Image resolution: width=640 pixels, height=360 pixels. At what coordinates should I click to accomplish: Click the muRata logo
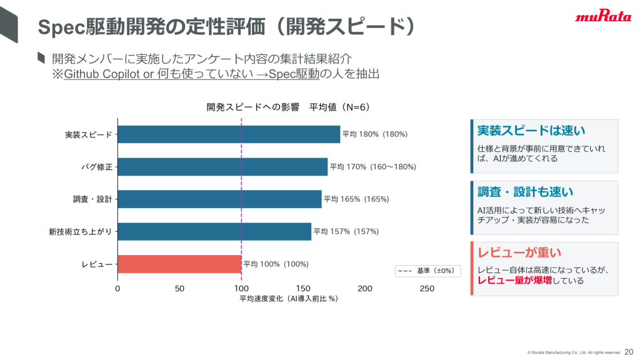(603, 16)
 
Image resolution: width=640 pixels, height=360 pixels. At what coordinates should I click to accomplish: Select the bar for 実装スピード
(229, 134)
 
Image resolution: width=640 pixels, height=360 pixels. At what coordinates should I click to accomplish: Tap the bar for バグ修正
(222, 166)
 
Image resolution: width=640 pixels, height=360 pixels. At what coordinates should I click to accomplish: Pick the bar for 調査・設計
(219, 199)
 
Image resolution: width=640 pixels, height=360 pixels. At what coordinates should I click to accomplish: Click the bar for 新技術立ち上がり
(214, 231)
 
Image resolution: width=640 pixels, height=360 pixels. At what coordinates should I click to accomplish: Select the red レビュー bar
(179, 264)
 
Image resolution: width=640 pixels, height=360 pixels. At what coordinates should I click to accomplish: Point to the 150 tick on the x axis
(303, 289)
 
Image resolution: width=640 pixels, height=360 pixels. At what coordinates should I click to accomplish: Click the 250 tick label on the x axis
(427, 289)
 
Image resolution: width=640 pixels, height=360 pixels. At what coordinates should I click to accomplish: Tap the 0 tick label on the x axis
(117, 289)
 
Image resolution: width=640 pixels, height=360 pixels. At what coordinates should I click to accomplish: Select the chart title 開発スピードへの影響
(253, 107)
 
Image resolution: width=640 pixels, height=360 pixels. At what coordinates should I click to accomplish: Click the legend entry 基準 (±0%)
(427, 271)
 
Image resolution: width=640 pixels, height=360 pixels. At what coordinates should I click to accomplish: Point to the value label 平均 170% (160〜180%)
(373, 166)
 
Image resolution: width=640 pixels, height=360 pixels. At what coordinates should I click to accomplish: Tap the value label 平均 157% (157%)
(346, 231)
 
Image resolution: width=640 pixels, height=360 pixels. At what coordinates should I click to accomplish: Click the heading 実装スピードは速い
(531, 131)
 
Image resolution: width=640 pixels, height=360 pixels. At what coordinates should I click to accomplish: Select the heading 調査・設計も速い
(525, 192)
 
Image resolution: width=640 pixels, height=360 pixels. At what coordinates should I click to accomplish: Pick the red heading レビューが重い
(519, 252)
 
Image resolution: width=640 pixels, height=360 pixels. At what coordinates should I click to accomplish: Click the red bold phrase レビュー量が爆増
(515, 281)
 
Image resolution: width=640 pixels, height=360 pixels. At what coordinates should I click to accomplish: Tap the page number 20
(629, 352)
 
